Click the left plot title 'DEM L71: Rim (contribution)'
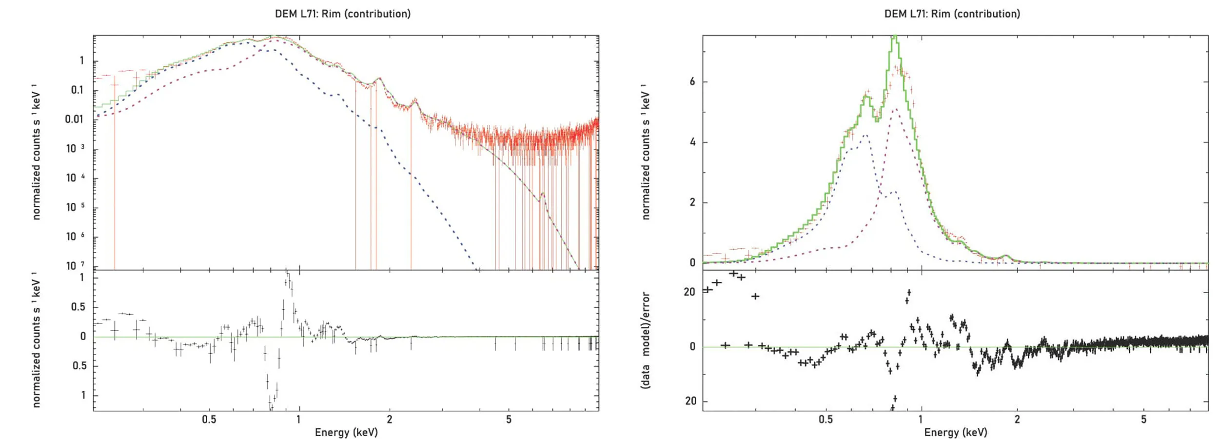point(343,14)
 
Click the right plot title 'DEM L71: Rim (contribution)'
point(952,14)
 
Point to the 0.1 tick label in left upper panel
point(78,90)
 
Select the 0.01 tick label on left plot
point(75,119)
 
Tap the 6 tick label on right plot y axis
point(692,81)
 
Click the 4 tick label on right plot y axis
point(692,142)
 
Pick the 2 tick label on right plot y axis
point(692,202)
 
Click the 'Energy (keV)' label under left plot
point(346,432)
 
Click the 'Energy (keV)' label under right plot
point(956,432)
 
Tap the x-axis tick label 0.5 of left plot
point(209,419)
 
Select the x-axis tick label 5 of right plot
point(1143,419)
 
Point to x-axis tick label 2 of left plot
point(389,419)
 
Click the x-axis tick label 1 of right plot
point(921,419)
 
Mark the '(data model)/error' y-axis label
point(646,340)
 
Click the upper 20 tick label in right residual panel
point(689,292)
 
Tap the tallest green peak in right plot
point(894,37)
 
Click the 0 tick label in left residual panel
point(83,336)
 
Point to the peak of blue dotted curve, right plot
point(865,136)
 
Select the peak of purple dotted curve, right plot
point(895,109)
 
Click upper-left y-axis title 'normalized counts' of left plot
point(36,152)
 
